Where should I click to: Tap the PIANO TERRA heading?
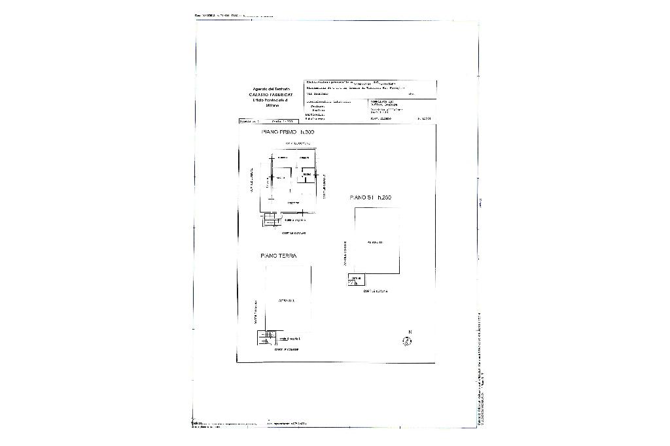click(x=278, y=256)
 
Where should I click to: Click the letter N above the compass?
click(x=410, y=332)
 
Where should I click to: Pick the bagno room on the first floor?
click(x=306, y=175)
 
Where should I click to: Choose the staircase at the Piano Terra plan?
click(x=264, y=337)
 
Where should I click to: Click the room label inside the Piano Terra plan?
click(x=287, y=300)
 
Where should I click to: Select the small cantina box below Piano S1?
click(x=355, y=281)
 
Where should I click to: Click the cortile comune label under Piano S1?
click(x=376, y=292)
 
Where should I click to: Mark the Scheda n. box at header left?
click(x=250, y=121)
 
